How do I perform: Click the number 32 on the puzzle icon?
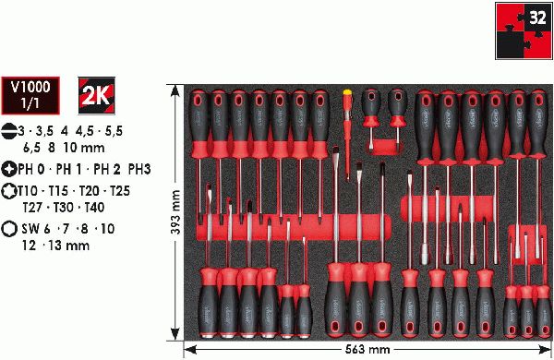[x=537, y=18]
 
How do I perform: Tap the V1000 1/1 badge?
[x=30, y=95]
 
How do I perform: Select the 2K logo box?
[x=96, y=95]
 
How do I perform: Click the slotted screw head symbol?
[x=9, y=131]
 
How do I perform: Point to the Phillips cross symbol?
[x=9, y=169]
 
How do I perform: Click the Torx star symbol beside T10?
[x=9, y=191]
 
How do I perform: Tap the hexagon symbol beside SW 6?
[x=9, y=229]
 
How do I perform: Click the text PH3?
[x=139, y=169]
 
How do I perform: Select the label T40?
[x=94, y=207]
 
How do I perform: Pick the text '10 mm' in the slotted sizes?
[x=84, y=148]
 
